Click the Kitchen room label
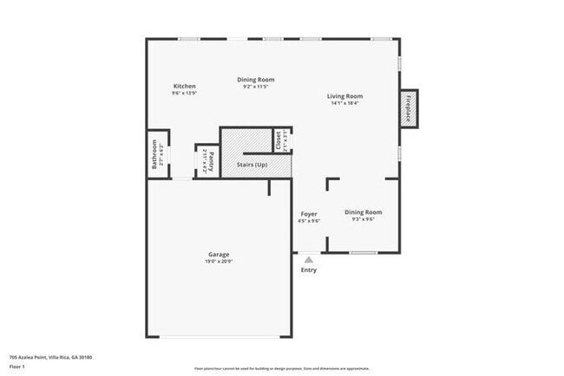184,86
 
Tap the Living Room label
344,96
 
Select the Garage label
219,254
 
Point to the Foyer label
309,213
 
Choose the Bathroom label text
154,153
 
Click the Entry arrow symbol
309,257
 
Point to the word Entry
309,269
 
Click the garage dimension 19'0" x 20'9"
219,261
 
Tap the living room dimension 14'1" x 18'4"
344,103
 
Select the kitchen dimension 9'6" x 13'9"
184,93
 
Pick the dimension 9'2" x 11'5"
256,87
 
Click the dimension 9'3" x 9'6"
363,219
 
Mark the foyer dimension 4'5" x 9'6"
309,220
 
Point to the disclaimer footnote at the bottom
282,369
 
